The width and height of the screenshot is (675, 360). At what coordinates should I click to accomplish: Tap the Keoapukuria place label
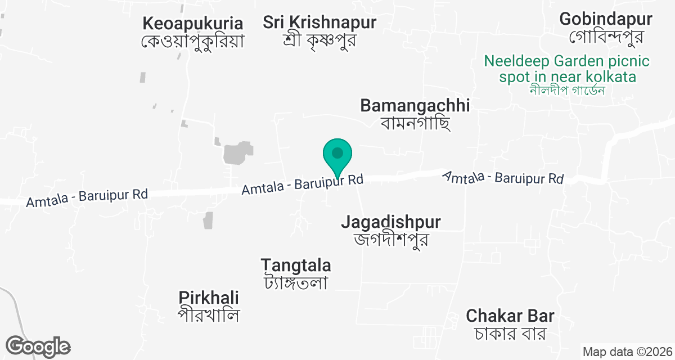193,24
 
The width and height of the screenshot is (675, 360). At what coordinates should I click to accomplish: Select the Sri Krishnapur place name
319,23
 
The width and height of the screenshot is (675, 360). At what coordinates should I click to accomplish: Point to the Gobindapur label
606,19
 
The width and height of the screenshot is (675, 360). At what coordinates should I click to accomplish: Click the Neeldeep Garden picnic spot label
567,68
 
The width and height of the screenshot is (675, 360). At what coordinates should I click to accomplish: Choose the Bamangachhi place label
415,105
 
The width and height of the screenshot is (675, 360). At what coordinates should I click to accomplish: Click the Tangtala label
296,265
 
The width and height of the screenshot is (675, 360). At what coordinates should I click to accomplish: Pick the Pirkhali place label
209,298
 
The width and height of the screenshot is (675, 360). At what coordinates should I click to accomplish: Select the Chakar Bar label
510,316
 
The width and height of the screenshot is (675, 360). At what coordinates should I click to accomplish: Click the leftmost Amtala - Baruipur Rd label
87,197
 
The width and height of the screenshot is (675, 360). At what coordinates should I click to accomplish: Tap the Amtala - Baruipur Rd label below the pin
302,184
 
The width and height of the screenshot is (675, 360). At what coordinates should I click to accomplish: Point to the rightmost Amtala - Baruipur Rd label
503,178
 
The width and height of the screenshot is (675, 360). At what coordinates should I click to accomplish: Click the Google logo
38,346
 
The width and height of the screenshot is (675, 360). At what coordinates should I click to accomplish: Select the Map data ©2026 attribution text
627,352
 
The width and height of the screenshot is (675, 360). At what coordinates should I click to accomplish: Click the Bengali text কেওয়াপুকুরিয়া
193,42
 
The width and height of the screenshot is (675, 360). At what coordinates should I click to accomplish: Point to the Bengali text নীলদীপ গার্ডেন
567,90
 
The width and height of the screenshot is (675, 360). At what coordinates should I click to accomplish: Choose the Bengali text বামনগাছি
415,122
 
